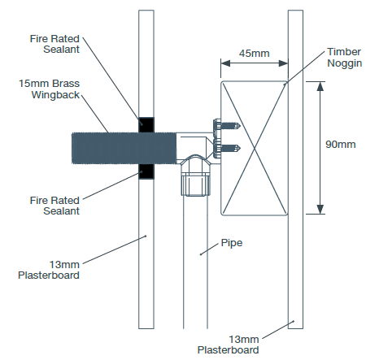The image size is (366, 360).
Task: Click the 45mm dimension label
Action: click(254, 53)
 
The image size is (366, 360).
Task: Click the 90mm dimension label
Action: click(341, 144)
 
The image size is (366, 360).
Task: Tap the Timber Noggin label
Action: click(344, 58)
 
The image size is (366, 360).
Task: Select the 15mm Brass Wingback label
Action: click(49, 89)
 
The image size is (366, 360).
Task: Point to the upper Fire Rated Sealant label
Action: click(54, 44)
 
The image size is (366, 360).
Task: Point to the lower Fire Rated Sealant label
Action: click(54, 206)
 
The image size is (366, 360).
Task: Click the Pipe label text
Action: click(232, 243)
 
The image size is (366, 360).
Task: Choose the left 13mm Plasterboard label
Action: click(49, 270)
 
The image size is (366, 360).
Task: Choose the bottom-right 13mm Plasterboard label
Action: click(229, 345)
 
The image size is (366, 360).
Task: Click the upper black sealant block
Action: click(146, 125)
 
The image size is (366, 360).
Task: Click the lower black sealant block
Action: click(146, 171)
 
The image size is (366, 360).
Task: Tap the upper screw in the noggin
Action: click(227, 126)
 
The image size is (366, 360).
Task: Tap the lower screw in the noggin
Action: click(227, 148)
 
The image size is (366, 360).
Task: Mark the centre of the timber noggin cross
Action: click(254, 148)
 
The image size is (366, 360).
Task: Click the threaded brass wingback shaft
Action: click(124, 148)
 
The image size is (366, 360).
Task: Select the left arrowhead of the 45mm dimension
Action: click(225, 63)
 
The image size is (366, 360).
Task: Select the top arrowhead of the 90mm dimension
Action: click(320, 86)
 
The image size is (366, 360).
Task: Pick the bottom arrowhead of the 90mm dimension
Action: click(320, 210)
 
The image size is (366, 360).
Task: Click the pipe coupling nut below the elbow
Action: click(196, 184)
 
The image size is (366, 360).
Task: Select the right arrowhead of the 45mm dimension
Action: click(283, 63)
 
